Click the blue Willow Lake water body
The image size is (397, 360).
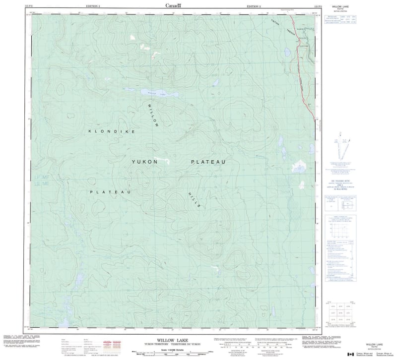(x=159, y=93)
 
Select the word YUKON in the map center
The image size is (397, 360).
(x=144, y=162)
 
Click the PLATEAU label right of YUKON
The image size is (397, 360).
(x=208, y=162)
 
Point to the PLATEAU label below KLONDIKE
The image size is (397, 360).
(x=110, y=191)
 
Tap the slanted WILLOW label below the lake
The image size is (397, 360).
(x=153, y=115)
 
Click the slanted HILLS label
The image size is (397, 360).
(x=194, y=202)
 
